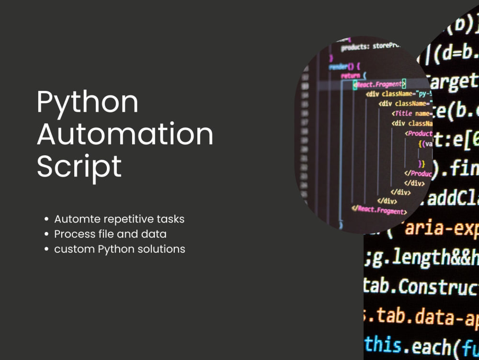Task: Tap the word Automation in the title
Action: click(x=125, y=135)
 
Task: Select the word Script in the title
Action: click(x=79, y=166)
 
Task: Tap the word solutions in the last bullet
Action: click(x=161, y=249)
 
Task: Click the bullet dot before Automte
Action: click(x=46, y=220)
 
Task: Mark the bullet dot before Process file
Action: click(x=46, y=234)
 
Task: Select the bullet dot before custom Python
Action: click(x=46, y=249)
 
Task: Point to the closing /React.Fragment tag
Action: click(x=379, y=210)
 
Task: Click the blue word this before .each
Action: click(x=383, y=345)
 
